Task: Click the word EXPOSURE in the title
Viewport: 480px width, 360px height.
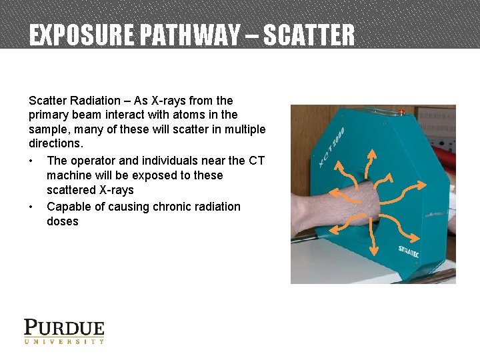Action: (81, 35)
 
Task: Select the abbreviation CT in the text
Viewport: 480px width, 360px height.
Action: (256, 161)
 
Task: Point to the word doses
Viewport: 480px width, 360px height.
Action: (63, 221)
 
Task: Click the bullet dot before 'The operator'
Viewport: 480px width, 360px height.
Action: (32, 161)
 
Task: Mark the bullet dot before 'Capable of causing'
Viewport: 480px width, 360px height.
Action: (32, 207)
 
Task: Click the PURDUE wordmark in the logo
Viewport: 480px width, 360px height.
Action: (65, 328)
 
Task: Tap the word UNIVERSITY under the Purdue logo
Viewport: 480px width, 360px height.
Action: (65, 341)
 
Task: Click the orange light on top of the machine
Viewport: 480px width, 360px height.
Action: (401, 110)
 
